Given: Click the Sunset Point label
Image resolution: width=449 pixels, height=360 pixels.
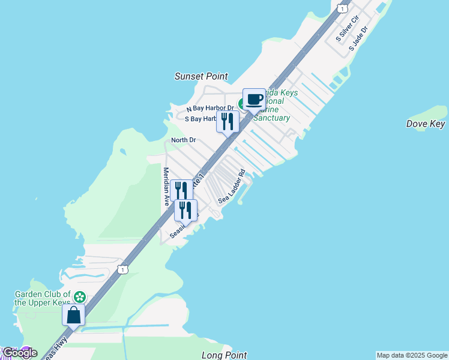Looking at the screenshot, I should coord(201,76).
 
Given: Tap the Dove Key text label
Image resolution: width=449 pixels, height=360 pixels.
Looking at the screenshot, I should coord(426,124).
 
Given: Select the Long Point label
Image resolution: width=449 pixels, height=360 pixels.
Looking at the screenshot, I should coord(224,355).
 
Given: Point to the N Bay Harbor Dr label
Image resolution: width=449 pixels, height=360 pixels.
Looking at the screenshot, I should coord(209,109).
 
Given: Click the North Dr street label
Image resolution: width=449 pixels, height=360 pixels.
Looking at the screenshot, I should coord(184,140).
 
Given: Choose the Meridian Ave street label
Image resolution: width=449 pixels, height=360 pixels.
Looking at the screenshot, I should coord(166,187).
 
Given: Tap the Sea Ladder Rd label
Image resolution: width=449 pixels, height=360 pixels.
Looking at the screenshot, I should coord(232,190).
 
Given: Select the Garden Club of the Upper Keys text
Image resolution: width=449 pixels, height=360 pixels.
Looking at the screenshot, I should coord(42,299).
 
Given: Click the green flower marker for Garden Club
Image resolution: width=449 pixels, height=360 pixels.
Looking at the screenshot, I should coord(80,296).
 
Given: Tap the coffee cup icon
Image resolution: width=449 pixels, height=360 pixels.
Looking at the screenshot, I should coord(254,99).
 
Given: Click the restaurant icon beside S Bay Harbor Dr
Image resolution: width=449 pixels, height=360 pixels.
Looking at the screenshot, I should coord(228,121).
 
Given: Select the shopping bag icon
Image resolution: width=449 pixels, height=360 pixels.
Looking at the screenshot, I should coord(73,314).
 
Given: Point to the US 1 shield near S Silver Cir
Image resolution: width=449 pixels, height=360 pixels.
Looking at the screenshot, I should coord(342,8).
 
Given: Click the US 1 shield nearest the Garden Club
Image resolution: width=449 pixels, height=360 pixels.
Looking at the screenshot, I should coord(122,269).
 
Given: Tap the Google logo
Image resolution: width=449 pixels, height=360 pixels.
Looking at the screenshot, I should coord(19,353).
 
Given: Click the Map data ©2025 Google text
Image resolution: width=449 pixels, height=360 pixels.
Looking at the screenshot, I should coord(412,355).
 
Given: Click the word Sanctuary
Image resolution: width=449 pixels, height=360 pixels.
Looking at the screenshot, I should coord(271,118).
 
